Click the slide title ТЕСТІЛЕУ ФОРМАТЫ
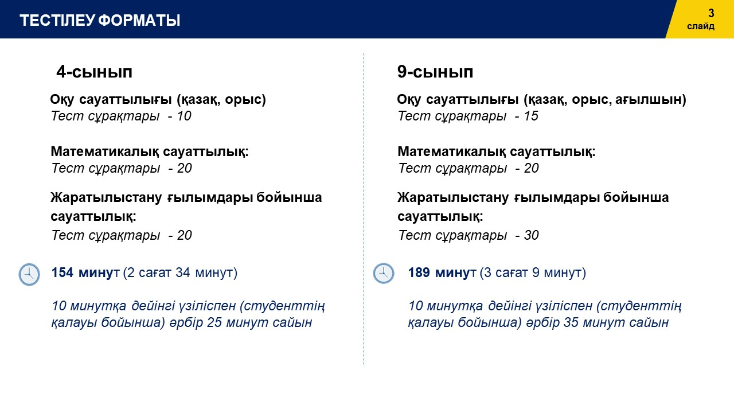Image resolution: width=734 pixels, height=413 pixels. pyautogui.click(x=100, y=20)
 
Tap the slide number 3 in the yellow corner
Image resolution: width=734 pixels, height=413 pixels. pyautogui.click(x=711, y=13)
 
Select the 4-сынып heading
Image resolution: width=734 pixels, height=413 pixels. pyautogui.click(x=95, y=72)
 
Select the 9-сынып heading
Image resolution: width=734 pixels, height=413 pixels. pyautogui.click(x=435, y=72)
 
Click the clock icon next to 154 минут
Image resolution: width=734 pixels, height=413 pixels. pyautogui.click(x=29, y=274)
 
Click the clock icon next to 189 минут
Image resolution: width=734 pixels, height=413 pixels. pyautogui.click(x=384, y=274)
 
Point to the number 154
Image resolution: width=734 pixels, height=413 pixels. pyautogui.click(x=63, y=272)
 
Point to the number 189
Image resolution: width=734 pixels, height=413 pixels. pyautogui.click(x=419, y=272)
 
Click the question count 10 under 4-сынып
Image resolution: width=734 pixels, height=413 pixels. pyautogui.click(x=184, y=116)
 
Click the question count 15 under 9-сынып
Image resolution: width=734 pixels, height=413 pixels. pyautogui.click(x=531, y=116)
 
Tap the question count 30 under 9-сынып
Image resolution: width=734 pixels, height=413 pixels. pyautogui.click(x=531, y=235)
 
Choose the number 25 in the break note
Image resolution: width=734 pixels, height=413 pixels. pyautogui.click(x=214, y=322)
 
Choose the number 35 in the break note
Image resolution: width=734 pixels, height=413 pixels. pyautogui.click(x=571, y=322)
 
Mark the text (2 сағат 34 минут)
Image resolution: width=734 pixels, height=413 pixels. pyautogui.click(x=180, y=272)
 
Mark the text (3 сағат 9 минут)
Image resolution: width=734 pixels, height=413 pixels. pyautogui.click(x=533, y=272)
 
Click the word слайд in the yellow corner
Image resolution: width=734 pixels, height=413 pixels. pyautogui.click(x=701, y=26)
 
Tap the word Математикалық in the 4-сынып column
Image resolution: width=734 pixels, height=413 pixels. pyautogui.click(x=105, y=152)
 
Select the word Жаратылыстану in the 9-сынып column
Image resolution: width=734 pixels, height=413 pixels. pyautogui.click(x=453, y=198)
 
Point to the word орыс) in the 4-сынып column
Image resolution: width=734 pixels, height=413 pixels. pyautogui.click(x=245, y=100)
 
